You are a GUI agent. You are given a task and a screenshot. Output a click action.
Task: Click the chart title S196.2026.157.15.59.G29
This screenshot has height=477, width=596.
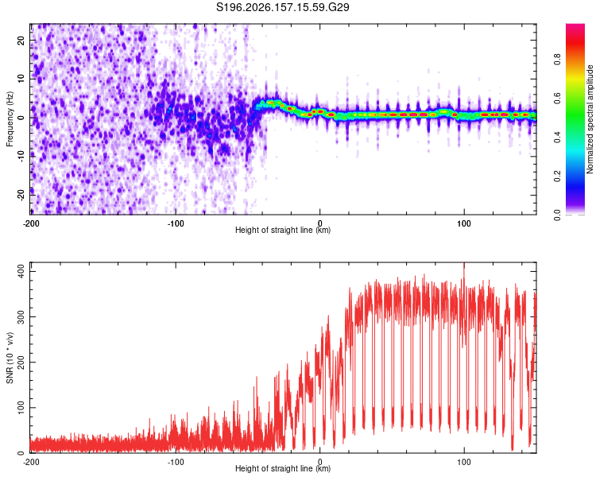coord(282,7)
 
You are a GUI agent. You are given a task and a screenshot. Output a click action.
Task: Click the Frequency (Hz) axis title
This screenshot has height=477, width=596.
coord(10,118)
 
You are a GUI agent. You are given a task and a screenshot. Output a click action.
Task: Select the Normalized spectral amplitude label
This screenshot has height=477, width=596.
coord(590,118)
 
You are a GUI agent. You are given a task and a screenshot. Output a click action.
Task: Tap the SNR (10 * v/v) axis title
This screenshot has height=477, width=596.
coord(10,358)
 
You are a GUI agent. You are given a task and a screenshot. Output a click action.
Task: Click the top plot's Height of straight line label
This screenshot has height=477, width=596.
coord(283,230)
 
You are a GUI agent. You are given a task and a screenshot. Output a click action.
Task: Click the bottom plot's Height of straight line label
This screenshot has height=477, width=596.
coord(283,468)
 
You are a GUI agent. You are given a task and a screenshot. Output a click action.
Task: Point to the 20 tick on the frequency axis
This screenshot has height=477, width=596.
coord(21,40)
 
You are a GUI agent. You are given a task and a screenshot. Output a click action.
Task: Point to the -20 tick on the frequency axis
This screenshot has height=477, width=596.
coord(21,195)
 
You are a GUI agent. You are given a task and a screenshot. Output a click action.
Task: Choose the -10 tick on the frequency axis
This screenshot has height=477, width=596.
coord(21,157)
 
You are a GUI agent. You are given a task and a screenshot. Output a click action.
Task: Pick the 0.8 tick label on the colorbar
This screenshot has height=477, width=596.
coord(557,59)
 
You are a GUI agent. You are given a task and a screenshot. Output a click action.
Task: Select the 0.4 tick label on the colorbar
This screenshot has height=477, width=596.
coord(557,137)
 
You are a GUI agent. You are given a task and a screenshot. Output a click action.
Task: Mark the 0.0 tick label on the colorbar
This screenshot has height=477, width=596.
coord(557,215)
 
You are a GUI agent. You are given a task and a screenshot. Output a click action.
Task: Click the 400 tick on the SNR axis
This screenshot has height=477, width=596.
coord(21,271)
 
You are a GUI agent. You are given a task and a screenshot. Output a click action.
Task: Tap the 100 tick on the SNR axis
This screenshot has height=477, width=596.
coord(21,407)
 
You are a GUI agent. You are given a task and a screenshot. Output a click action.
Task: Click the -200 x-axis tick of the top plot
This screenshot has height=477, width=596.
coord(31,223)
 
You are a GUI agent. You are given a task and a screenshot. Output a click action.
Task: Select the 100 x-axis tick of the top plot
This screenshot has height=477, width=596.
coord(464,223)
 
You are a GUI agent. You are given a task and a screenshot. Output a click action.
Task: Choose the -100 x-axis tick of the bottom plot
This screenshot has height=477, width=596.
coord(176,462)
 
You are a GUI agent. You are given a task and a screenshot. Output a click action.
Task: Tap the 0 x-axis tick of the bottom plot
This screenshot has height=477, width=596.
coord(319,462)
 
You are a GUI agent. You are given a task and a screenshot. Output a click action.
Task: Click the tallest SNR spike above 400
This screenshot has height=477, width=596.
coord(464,264)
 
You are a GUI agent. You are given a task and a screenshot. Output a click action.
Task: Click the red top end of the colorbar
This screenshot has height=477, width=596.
coord(575,25)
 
